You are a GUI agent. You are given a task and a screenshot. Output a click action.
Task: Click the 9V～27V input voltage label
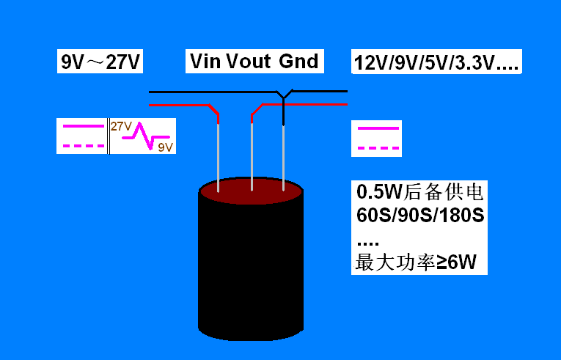point(100,62)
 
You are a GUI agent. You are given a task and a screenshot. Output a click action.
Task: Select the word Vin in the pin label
point(205,61)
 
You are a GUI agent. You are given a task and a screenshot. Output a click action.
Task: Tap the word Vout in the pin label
point(249,61)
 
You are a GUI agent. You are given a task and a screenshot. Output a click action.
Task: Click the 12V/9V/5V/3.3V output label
point(436,62)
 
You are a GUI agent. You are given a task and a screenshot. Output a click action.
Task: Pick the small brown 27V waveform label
point(121,126)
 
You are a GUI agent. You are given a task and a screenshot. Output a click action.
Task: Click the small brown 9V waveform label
point(165,147)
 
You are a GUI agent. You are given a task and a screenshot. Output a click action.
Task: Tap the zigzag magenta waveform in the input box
point(146,136)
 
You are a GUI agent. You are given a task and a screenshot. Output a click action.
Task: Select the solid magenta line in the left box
point(84,126)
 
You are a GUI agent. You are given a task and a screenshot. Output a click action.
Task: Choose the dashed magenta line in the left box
point(84,146)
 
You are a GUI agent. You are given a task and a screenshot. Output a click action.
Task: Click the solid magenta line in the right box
point(378,128)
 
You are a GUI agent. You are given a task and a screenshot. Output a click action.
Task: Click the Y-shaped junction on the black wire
point(284,95)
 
